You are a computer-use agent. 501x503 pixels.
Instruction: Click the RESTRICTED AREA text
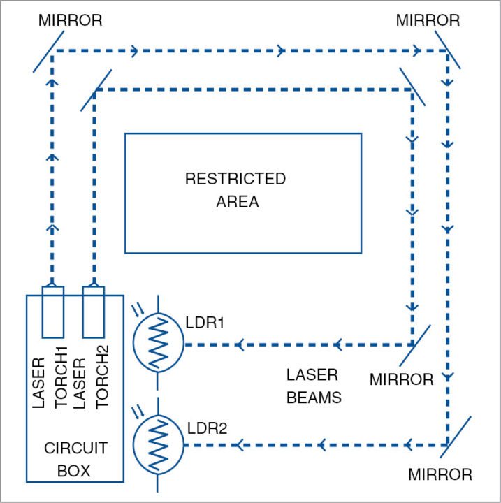click(235, 190)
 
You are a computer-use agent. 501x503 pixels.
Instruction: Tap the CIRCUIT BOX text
click(68, 459)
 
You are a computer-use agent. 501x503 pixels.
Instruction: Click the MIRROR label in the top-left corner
click(70, 20)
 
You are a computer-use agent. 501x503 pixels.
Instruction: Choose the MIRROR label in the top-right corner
click(428, 20)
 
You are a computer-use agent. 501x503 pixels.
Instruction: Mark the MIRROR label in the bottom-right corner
click(440, 474)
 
